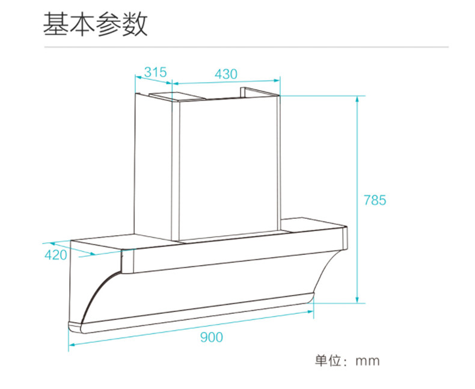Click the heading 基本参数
coord(95,25)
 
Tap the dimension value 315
coord(155,73)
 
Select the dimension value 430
coord(226,74)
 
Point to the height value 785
coord(375,200)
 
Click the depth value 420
coord(56,255)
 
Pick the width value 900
coord(211,337)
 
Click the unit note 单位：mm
coord(348,361)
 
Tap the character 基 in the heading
coord(56,25)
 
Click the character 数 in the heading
coord(134,25)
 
